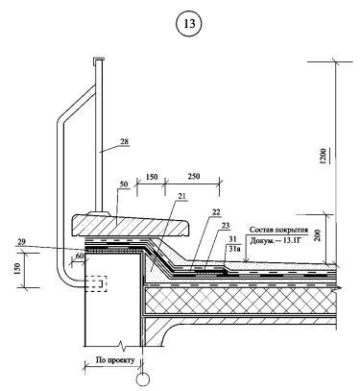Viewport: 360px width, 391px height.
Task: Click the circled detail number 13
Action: (x=189, y=23)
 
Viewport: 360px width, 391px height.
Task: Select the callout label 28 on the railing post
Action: (x=125, y=141)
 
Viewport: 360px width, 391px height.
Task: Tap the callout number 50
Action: (x=124, y=184)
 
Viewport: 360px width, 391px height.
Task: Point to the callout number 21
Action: (x=182, y=196)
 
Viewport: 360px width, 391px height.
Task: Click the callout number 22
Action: (x=216, y=212)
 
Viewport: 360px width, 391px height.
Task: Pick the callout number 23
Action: (x=226, y=226)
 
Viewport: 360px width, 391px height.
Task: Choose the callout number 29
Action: (x=22, y=242)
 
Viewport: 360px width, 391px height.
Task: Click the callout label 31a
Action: (x=234, y=247)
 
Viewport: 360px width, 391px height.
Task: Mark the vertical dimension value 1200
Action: (x=324, y=156)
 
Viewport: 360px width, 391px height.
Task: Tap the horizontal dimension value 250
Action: (x=193, y=176)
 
